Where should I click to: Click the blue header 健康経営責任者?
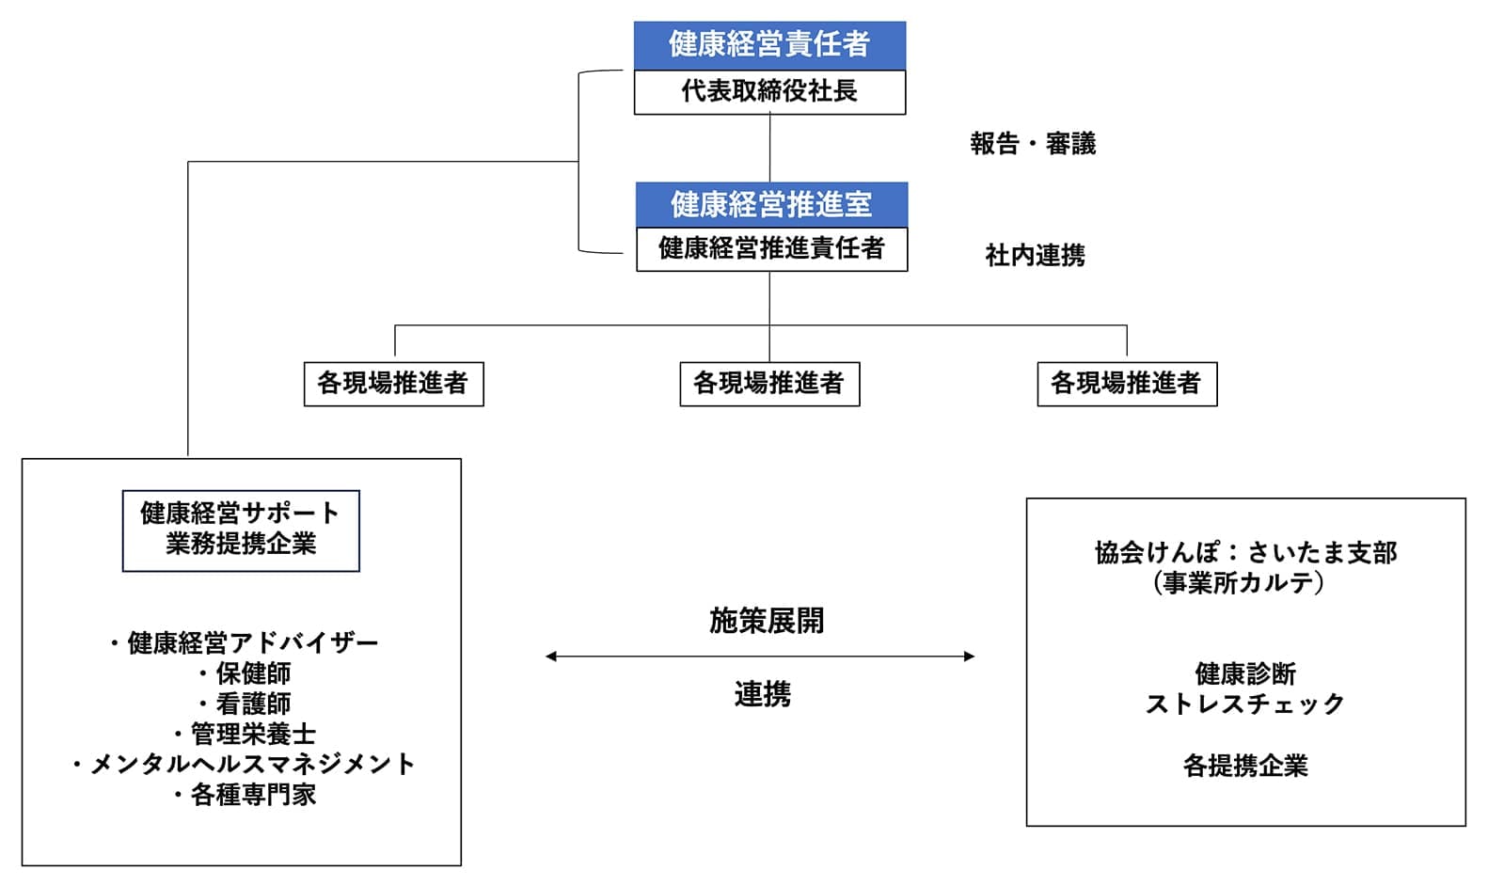(x=769, y=44)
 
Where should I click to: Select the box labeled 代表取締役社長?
(x=769, y=91)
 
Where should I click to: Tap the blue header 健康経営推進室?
(x=771, y=204)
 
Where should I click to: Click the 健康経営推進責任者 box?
(x=771, y=248)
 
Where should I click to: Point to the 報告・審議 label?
(x=1033, y=144)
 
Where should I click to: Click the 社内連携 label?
(x=1035, y=255)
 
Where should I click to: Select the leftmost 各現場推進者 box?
(x=393, y=384)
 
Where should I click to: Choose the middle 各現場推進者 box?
(x=769, y=384)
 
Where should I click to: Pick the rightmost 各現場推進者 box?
(x=1126, y=384)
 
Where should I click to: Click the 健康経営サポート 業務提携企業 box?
(x=241, y=530)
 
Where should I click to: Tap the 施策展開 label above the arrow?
(x=767, y=621)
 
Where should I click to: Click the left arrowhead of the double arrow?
(x=551, y=657)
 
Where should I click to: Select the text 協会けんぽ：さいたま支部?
(x=1245, y=552)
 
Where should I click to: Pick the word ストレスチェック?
(x=1245, y=704)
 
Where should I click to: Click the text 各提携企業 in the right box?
(x=1245, y=766)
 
